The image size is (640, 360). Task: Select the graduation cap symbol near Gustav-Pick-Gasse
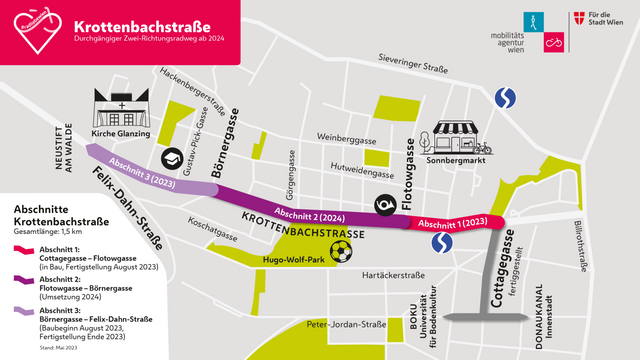pyautogui.click(x=173, y=159)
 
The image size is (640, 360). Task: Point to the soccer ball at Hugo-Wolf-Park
pyautogui.click(x=342, y=250)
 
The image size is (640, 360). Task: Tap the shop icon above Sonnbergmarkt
pyautogui.click(x=453, y=136)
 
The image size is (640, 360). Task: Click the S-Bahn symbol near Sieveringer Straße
pyautogui.click(x=508, y=98)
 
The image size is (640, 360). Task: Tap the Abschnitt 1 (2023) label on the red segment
pyautogui.click(x=452, y=222)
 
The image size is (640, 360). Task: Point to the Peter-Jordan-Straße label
pyautogui.click(x=346, y=324)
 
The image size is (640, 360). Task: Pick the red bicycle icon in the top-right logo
pyautogui.click(x=552, y=43)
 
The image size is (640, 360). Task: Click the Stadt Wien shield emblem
pyautogui.click(x=580, y=21)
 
